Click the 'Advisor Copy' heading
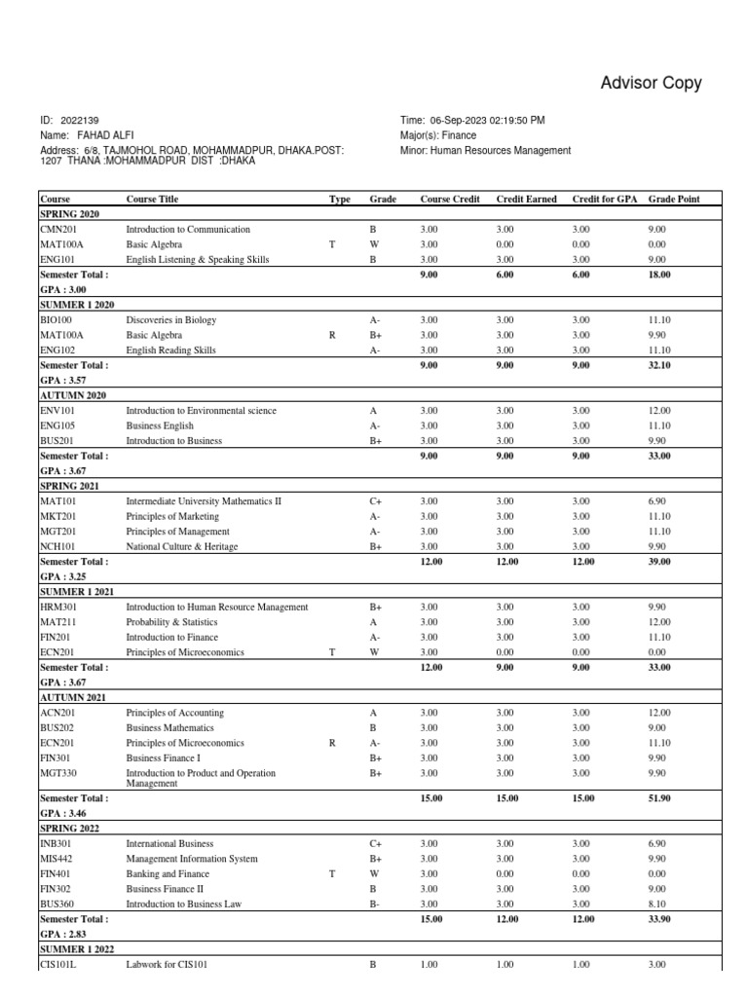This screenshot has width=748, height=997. tap(651, 83)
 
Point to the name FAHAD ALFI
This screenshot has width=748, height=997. tap(103, 135)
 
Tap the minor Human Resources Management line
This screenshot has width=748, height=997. tap(485, 151)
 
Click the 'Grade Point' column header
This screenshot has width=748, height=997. tap(674, 199)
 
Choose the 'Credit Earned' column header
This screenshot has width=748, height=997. tap(526, 199)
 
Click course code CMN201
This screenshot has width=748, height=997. tap(59, 230)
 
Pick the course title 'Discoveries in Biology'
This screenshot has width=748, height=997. tap(171, 320)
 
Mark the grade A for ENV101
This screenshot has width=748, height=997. tap(374, 411)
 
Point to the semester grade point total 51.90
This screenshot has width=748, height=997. tap(661, 797)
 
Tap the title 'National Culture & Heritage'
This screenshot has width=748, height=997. tap(182, 547)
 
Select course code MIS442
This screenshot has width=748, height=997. tap(56, 859)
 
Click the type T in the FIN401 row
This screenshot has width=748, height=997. tap(332, 874)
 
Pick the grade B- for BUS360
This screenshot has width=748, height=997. tap(375, 905)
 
